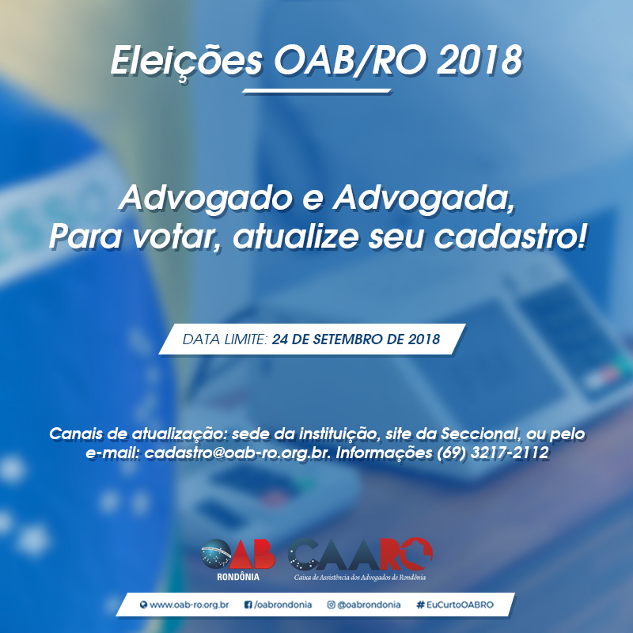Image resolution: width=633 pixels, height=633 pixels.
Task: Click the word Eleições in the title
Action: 187,63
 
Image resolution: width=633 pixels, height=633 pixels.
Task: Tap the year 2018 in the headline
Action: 479,61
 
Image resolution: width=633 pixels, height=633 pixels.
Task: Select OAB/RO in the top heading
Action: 351,61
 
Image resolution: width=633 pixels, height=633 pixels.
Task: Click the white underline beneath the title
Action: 316,91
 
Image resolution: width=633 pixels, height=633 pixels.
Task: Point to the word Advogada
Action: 424,199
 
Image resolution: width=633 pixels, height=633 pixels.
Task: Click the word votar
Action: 176,237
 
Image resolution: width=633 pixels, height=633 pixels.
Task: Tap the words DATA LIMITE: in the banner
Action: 226,339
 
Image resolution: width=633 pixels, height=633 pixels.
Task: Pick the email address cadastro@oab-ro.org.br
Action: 238,453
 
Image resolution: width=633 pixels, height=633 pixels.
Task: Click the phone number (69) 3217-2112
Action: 493,452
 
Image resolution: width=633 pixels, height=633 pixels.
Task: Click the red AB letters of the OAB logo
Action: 253,555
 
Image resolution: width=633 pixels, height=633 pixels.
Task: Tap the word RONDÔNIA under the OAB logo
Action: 238,577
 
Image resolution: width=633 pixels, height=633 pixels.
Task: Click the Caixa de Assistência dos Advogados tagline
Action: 360,578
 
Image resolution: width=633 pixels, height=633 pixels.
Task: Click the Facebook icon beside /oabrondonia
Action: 248,605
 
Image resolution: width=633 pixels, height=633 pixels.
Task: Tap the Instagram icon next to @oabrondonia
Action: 331,605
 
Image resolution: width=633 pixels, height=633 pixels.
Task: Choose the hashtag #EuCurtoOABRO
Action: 455,605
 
